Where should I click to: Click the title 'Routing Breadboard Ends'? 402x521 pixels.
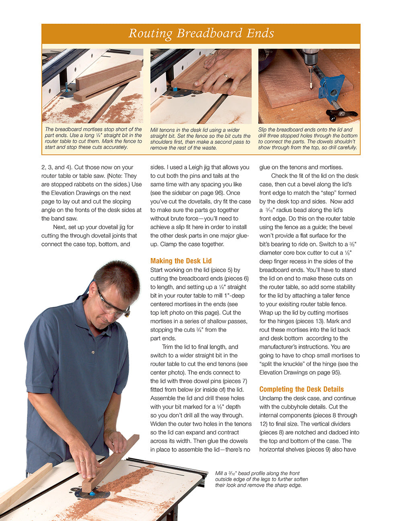pyautogui.click(x=201, y=33)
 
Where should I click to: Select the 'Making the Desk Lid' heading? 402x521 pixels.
pyautogui.click(x=181, y=261)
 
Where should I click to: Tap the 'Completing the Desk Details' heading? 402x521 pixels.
pyautogui.click(x=301, y=389)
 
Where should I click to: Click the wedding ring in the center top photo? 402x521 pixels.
pyautogui.click(x=226, y=76)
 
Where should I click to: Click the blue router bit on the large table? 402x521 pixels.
pyautogui.click(x=92, y=494)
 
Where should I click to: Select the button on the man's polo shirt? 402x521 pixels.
pyautogui.click(x=93, y=352)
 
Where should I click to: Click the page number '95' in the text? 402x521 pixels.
pyautogui.click(x=334, y=372)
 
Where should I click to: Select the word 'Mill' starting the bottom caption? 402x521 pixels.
pyautogui.click(x=219, y=473)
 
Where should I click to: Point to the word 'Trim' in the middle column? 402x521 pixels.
pyautogui.click(x=167, y=347)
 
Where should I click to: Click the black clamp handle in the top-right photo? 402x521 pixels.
pyautogui.click(x=343, y=114)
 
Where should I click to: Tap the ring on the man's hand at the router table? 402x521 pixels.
pyautogui.click(x=82, y=461)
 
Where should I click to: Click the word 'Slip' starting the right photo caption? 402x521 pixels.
pyautogui.click(x=263, y=130)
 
